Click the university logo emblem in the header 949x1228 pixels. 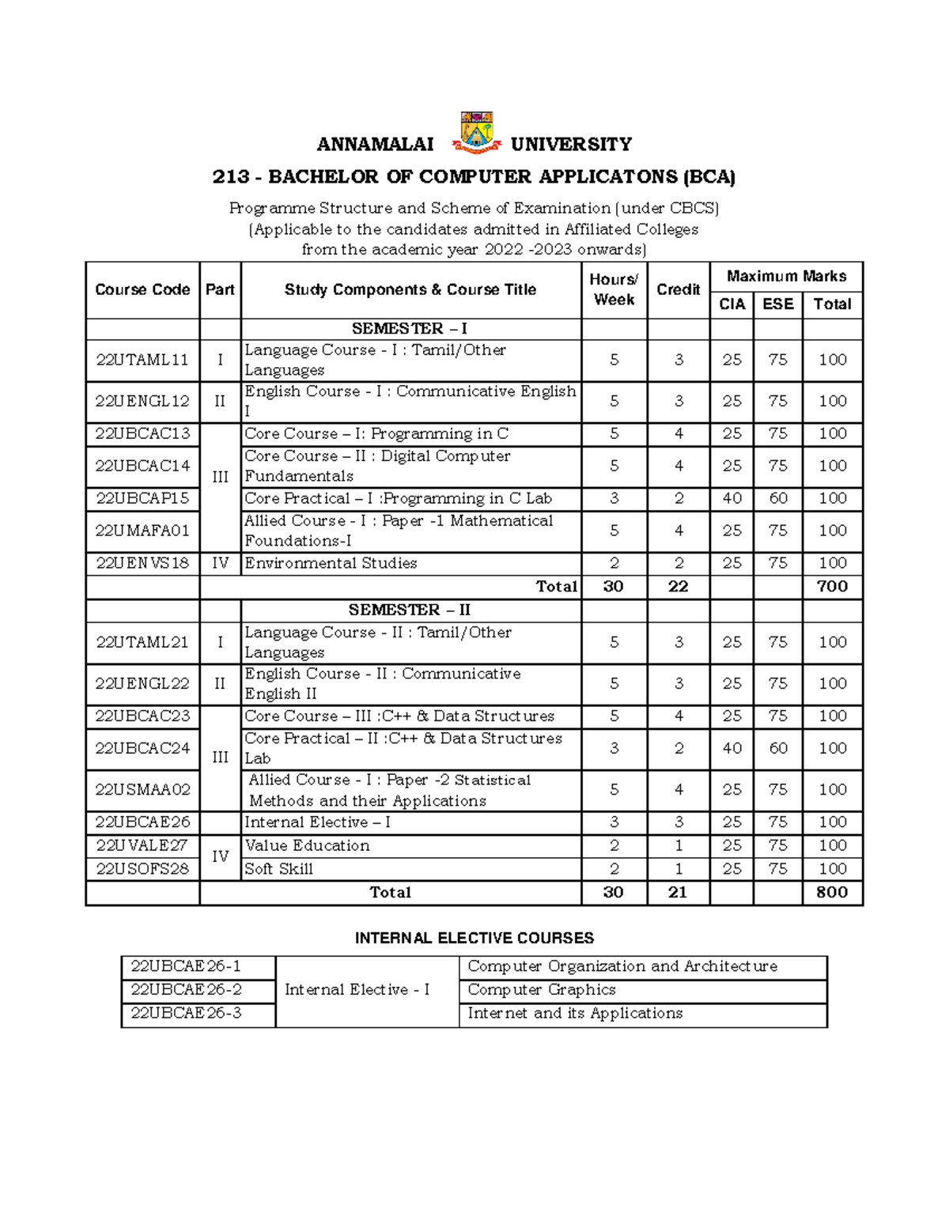(476, 132)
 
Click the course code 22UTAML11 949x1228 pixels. (142, 360)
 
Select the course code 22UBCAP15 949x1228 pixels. (142, 498)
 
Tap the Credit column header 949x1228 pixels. (678, 289)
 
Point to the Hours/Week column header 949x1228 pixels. (614, 289)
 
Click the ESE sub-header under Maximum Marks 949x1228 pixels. (777, 304)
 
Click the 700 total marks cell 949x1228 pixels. (832, 586)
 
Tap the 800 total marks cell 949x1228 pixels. (832, 892)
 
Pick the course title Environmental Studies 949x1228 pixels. (331, 563)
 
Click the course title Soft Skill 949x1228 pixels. (278, 869)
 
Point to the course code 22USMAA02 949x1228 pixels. (142, 789)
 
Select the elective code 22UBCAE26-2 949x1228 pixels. (186, 989)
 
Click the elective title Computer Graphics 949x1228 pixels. (541, 989)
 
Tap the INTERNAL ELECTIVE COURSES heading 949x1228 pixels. (475, 938)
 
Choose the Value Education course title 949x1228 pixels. (307, 845)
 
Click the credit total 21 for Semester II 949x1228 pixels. (678, 892)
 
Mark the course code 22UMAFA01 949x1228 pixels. (142, 531)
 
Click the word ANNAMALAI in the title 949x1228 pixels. (375, 144)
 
